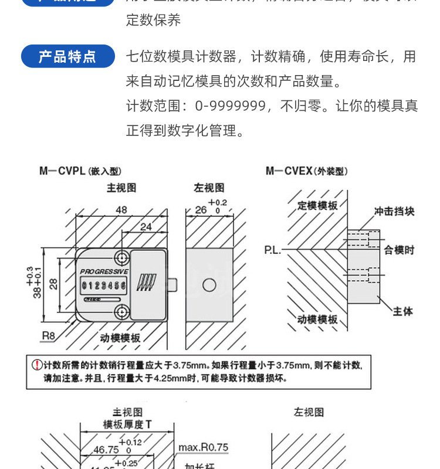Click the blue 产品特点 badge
pyautogui.click(x=67, y=56)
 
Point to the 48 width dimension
pyautogui.click(x=121, y=210)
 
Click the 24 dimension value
pyautogui.click(x=145, y=227)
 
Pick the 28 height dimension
pyautogui.click(x=53, y=284)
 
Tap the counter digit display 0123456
pyautogui.click(x=104, y=286)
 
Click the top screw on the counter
pyautogui.click(x=122, y=257)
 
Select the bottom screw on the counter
pyautogui.click(x=122, y=311)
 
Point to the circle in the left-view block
pyautogui.click(x=209, y=286)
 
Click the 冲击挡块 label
pyautogui.click(x=394, y=212)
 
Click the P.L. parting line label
pyautogui.click(x=272, y=250)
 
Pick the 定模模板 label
pyautogui.click(x=317, y=206)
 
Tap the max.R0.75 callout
pyautogui.click(x=203, y=447)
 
